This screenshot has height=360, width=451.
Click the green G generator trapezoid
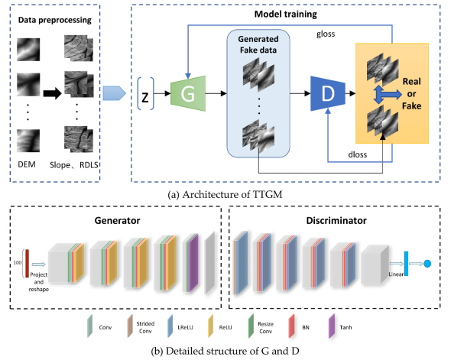tap(188, 93)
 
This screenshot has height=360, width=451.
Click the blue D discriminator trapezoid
tap(328, 93)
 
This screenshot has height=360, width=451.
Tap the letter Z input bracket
tap(145, 94)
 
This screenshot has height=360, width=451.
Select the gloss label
tap(326, 34)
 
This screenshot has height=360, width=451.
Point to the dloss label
tap(358, 154)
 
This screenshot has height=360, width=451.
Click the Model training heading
tap(286, 14)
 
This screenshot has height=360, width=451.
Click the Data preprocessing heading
tap(54, 20)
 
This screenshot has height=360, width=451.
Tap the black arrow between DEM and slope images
tap(52, 93)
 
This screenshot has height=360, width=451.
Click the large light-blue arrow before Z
tap(115, 93)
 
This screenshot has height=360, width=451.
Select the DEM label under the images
tap(27, 164)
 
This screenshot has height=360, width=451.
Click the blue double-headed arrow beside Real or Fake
tap(387, 94)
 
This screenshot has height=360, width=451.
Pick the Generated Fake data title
tap(258, 44)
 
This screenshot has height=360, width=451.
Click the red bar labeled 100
tap(27, 264)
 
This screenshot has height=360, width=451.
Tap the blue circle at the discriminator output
tap(427, 264)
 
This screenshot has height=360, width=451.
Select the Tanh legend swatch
tap(332, 326)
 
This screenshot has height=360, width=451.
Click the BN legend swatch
tap(292, 326)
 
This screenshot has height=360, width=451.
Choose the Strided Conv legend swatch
tap(130, 326)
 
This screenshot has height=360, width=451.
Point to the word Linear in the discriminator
tap(396, 274)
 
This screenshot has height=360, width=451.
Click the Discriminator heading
tap(336, 221)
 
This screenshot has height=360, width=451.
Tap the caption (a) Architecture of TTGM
tap(225, 195)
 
